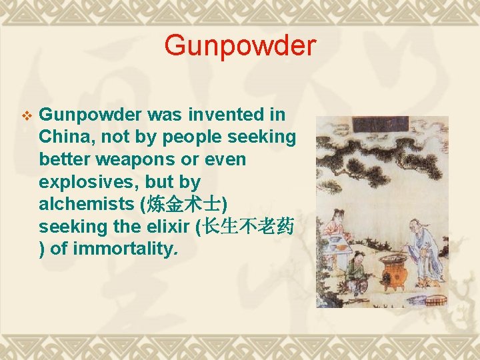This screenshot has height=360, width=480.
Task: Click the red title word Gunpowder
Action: (x=240, y=46)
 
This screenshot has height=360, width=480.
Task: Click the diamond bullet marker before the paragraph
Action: (x=27, y=116)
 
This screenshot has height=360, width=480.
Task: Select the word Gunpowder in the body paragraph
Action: (x=90, y=115)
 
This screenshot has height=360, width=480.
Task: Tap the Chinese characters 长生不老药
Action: (x=248, y=227)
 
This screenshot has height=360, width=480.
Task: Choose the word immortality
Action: (x=125, y=250)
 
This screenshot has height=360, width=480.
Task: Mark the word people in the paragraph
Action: (x=187, y=137)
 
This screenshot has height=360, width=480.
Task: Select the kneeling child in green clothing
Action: (x=357, y=273)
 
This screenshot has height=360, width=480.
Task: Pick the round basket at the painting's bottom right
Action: (x=435, y=299)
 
